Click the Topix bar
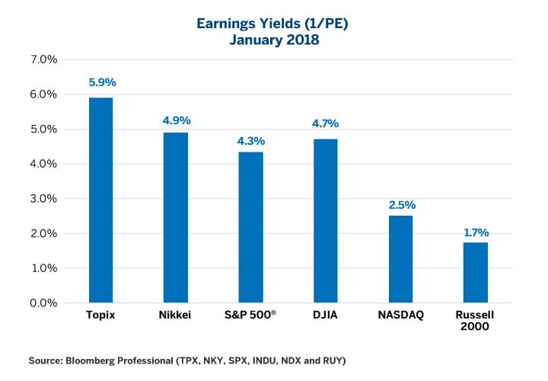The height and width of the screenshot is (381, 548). [101, 200]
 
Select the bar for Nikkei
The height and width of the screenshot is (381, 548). [176, 217]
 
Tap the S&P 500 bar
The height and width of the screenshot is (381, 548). [250, 227]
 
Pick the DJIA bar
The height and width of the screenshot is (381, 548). [325, 221]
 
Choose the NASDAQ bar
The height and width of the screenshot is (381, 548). [400, 259]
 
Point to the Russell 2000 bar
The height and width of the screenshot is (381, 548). [475, 273]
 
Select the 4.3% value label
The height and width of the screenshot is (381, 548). [250, 140]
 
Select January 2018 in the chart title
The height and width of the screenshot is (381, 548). [274, 40]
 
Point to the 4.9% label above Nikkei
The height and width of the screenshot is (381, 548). [176, 120]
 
